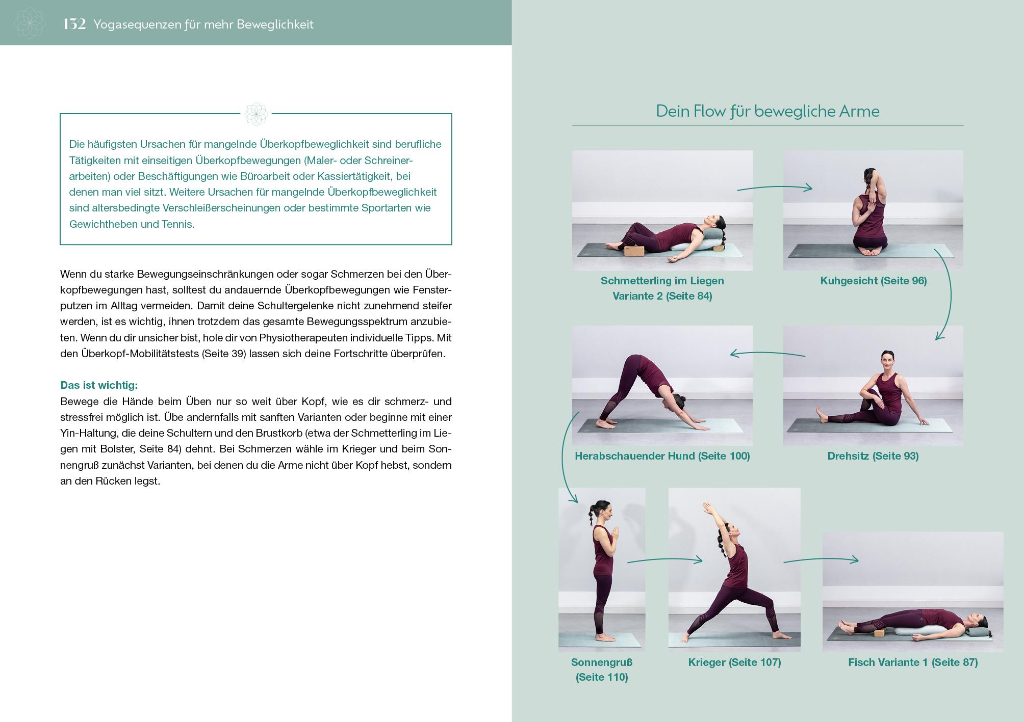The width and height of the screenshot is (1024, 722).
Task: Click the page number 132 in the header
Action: point(74,24)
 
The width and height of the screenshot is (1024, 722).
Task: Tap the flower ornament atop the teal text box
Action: point(255,114)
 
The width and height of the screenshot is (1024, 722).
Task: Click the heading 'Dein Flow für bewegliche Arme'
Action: point(767,111)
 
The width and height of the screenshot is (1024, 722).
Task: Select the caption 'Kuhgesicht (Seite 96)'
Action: point(873,281)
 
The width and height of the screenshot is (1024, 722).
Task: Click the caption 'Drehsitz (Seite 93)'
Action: point(873,456)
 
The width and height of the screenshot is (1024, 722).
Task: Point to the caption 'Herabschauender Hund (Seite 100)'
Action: point(662,456)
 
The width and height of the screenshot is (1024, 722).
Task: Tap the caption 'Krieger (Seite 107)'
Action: point(734,662)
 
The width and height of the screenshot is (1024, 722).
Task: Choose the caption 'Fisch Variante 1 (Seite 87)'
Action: point(912,662)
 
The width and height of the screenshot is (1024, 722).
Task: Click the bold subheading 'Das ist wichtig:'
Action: point(99,385)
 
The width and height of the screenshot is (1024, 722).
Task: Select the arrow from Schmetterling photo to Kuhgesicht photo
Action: point(774,188)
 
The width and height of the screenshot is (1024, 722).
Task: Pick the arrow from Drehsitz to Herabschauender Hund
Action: point(767,353)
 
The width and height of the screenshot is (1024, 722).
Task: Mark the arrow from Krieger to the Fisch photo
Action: point(821,560)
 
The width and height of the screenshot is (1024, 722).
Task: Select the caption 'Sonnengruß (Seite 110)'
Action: point(602,670)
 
